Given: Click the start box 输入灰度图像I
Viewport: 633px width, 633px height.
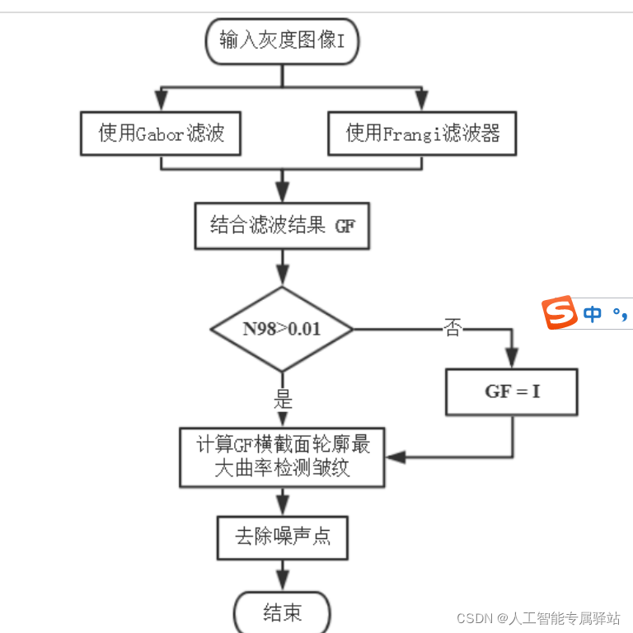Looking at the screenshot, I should (282, 40).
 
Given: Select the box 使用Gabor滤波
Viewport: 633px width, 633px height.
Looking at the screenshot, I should (161, 134).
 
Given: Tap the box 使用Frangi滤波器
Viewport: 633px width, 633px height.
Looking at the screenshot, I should (422, 134).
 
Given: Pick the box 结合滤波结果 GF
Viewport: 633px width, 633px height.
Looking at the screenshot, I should (282, 226).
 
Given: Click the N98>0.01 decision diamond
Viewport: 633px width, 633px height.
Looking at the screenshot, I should (282, 329).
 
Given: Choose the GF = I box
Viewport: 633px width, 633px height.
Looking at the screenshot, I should (512, 392).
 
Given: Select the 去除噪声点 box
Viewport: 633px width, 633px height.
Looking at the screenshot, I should (283, 537).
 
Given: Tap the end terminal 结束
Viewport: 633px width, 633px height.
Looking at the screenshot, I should (283, 612).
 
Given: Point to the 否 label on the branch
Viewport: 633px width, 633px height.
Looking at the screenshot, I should (452, 328).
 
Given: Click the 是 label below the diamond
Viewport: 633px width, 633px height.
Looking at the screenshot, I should (283, 401).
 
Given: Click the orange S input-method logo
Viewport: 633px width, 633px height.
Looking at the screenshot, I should (559, 312).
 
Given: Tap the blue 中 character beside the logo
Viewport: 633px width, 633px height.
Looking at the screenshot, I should (592, 314).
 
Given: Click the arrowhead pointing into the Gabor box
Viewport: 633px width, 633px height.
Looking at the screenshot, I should (161, 102).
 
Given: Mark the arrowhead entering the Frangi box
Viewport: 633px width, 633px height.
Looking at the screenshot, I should (422, 102).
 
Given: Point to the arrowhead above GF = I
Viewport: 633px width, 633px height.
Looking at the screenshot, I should (512, 359).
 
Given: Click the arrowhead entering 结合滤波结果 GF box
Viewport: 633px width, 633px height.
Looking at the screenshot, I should (283, 194).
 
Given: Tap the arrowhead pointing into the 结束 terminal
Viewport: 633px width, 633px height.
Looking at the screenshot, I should (283, 582).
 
